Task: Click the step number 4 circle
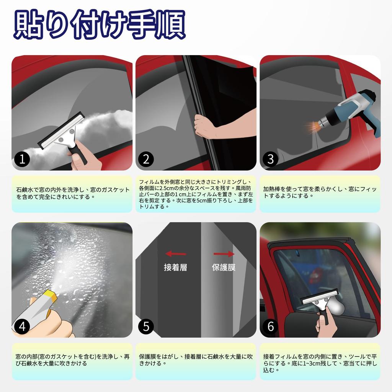pyautogui.click(x=22, y=326)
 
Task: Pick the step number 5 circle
pyautogui.click(x=146, y=326)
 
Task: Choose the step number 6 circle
pyautogui.click(x=270, y=326)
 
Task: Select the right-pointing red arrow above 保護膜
pyautogui.click(x=224, y=254)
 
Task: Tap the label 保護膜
pyautogui.click(x=224, y=268)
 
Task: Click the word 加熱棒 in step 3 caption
pyautogui.click(x=272, y=189)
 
